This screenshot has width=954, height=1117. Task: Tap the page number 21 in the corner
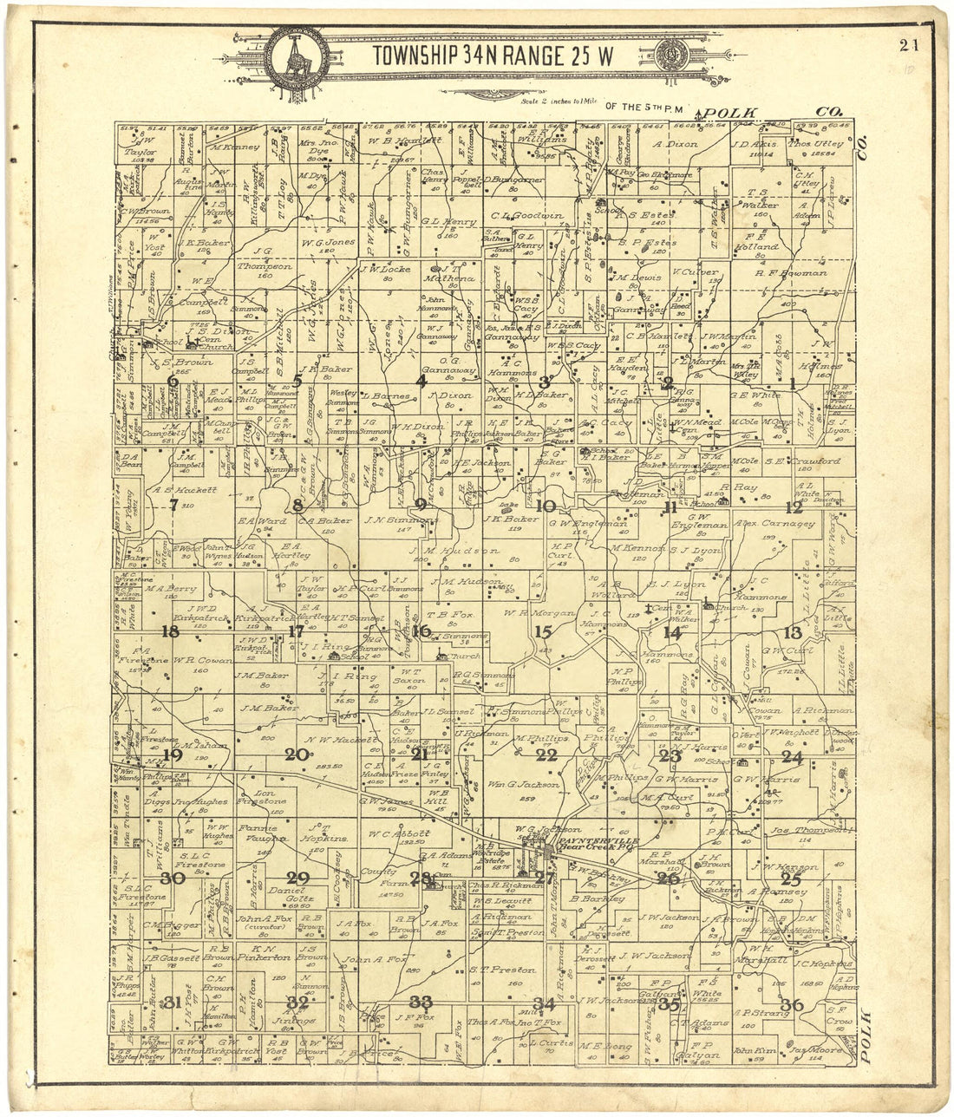pyautogui.click(x=909, y=46)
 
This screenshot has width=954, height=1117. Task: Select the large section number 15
pyautogui.click(x=544, y=631)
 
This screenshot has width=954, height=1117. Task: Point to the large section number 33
pyautogui.click(x=421, y=1002)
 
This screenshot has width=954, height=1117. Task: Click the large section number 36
pyautogui.click(x=792, y=1005)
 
